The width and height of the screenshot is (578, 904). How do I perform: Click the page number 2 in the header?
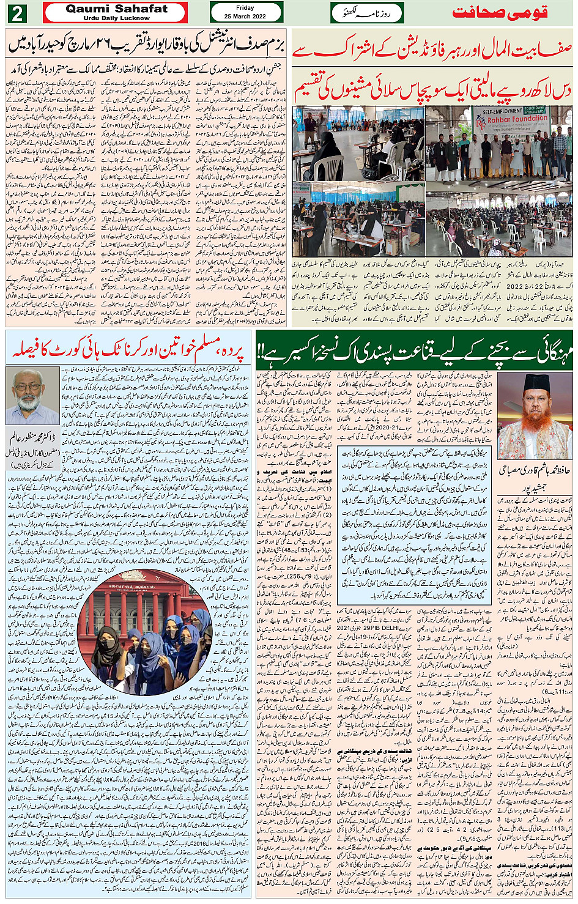17,13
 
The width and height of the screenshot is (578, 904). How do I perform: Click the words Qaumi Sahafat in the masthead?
116,9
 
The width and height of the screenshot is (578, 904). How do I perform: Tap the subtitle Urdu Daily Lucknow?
116,18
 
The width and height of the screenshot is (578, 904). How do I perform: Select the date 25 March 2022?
245,17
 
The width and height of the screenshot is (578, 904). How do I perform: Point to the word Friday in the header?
245,8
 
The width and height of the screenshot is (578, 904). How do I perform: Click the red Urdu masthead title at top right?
499,13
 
